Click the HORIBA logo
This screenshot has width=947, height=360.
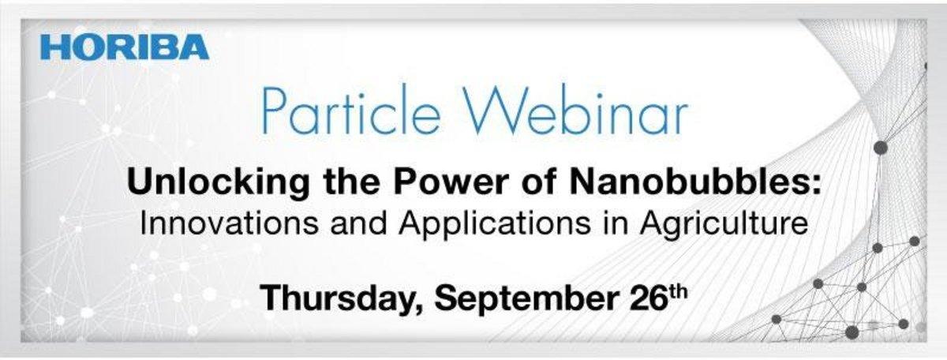click(x=125, y=47)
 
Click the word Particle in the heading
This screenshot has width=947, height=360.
click(x=351, y=109)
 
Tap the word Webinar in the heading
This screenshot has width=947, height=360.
click(x=575, y=109)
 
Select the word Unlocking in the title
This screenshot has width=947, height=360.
click(x=218, y=183)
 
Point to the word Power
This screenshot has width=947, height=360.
click(x=451, y=182)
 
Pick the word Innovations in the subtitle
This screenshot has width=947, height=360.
click(x=229, y=223)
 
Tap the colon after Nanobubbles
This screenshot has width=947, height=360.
click(x=814, y=186)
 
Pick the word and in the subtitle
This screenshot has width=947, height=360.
click(x=358, y=223)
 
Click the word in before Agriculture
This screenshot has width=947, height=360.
click(x=615, y=223)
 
